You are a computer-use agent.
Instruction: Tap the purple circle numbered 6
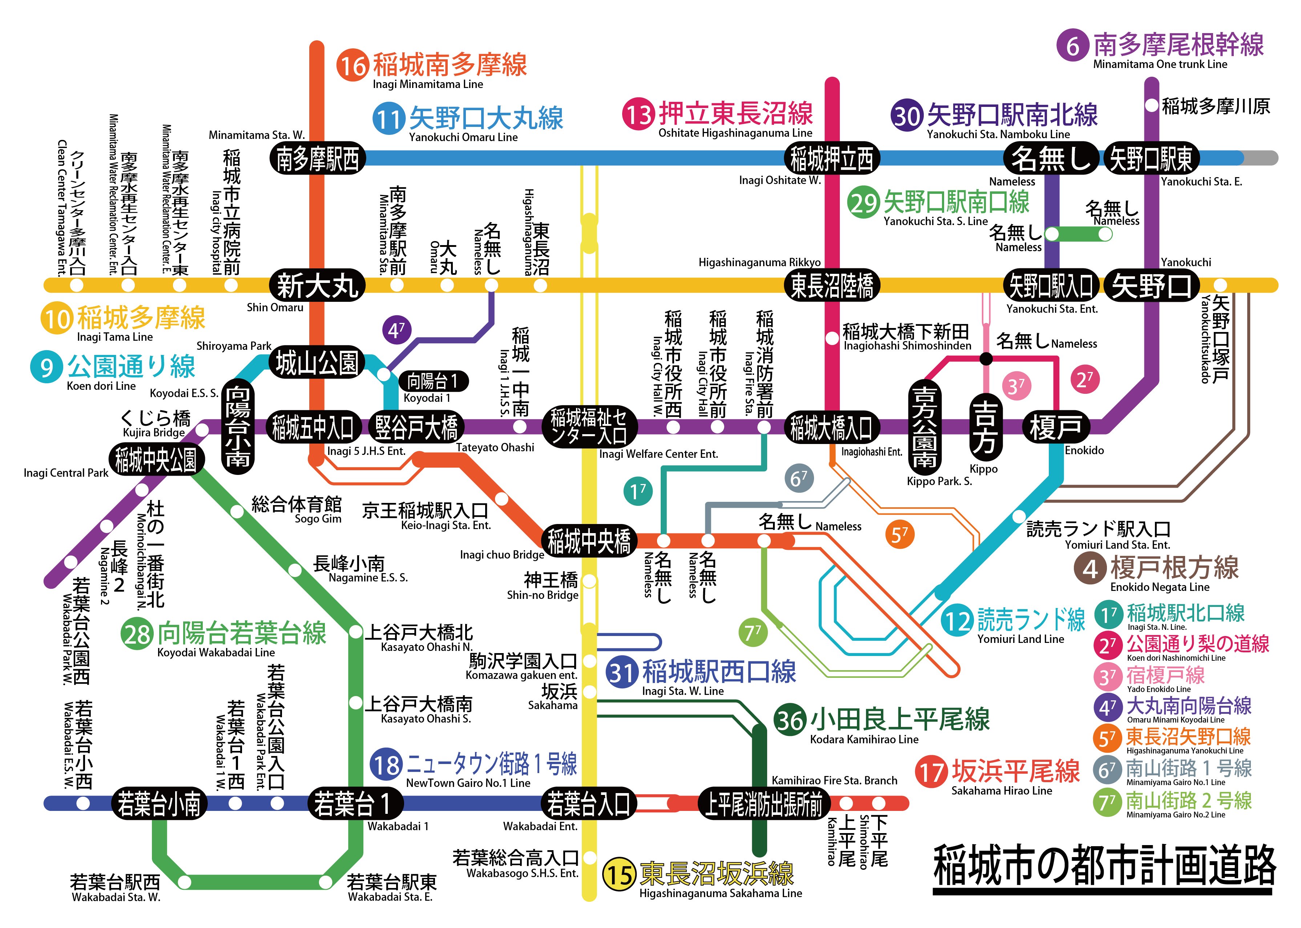1072,45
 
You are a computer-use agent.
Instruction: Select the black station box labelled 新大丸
317,285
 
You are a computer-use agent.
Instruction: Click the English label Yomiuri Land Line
1020,639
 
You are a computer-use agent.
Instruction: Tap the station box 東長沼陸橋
831,285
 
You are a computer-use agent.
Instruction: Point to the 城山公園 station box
317,362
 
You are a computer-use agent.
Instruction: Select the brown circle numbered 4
1090,569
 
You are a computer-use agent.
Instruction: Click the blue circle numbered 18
386,765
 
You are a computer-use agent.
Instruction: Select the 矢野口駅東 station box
1150,158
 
